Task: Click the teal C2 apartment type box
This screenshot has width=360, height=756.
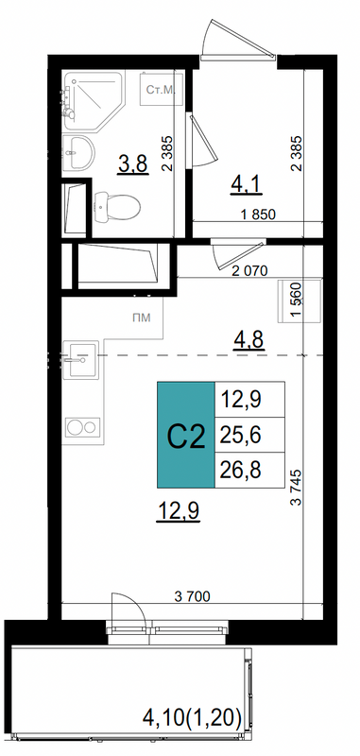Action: pos(186,435)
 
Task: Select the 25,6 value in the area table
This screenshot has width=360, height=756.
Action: pos(241,436)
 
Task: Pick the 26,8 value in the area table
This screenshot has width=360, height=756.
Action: pos(241,471)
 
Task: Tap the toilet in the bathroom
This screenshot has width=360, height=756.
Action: pos(117,207)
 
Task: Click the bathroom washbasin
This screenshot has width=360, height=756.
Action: pos(78,152)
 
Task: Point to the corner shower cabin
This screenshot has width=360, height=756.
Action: pos(94,101)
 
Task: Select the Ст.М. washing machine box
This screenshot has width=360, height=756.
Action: pos(162,90)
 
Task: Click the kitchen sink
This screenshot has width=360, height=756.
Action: pos(80,359)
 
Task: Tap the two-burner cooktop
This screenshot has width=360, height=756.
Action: pos(83,428)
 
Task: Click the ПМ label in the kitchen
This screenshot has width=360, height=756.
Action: pos(141,318)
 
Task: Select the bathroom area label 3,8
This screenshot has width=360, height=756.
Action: pos(133,165)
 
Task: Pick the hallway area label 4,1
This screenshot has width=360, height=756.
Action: pos(246,184)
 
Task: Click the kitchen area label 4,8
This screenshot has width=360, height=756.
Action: pos(249,341)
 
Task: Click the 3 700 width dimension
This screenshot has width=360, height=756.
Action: pos(192,596)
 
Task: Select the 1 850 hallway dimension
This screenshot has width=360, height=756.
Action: pos(259,215)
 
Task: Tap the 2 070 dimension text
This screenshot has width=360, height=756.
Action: pos(249,271)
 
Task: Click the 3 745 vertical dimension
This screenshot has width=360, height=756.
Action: pos(296,487)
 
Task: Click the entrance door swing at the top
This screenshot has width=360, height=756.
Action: pos(237,40)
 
